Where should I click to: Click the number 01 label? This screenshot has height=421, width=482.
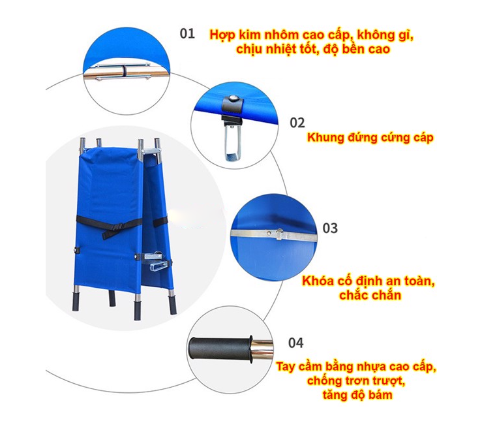(187, 33)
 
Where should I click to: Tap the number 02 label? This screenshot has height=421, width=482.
(297, 123)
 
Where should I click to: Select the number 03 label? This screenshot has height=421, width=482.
(330, 228)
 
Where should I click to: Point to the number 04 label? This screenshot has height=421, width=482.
(295, 343)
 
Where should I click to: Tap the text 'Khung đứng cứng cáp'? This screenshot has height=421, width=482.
(370, 138)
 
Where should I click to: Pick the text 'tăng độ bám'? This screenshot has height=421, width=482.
(357, 395)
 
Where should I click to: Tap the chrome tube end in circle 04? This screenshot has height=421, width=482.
(262, 349)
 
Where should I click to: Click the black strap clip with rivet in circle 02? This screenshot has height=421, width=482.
(233, 105)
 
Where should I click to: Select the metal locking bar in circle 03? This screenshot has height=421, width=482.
(274, 235)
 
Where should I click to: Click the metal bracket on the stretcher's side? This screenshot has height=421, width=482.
(156, 260)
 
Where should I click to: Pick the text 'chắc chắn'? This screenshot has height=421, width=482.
(370, 295)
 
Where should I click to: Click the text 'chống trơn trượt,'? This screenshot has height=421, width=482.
(356, 381)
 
